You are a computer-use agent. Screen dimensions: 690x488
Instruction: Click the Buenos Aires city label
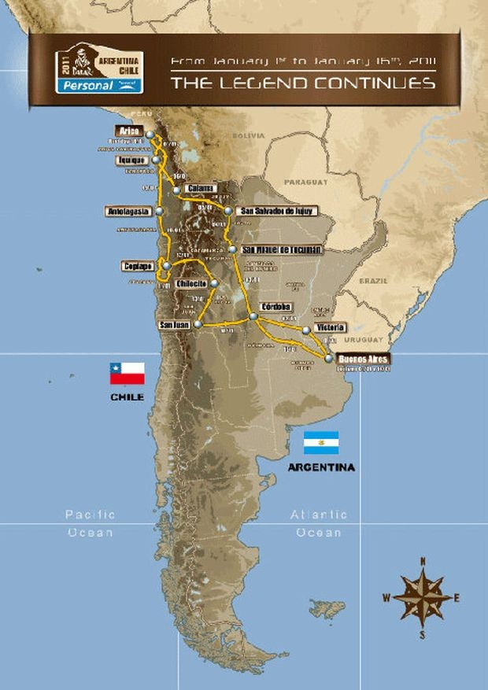[362, 359]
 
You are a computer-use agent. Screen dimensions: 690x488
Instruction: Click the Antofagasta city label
[130, 211]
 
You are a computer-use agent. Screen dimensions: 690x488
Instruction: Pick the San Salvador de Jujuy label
[269, 211]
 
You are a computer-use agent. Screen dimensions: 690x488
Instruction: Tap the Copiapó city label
[139, 266]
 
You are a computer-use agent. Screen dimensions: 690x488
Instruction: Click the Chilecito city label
[192, 283]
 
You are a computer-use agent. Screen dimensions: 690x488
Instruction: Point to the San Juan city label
[174, 324]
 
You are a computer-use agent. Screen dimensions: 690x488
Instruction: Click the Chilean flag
[127, 373]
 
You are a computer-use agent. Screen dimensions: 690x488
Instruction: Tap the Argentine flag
[321, 443]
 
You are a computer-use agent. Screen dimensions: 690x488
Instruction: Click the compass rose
[423, 597]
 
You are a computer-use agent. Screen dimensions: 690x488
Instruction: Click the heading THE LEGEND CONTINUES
[303, 82]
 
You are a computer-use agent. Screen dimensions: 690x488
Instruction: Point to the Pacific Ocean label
[90, 523]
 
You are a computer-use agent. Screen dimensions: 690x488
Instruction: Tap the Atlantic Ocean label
[318, 523]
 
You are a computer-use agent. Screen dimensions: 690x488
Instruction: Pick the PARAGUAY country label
[305, 182]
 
